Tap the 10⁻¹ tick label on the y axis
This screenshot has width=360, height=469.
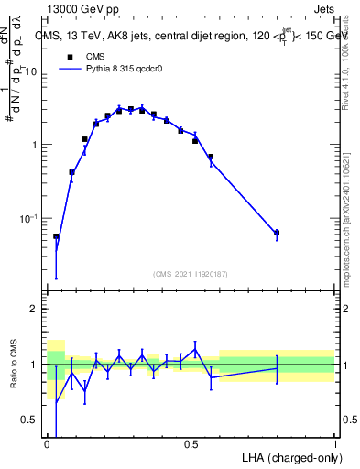[x=30, y=218]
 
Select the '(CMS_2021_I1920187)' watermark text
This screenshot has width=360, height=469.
[x=191, y=273]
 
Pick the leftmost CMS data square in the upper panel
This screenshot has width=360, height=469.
[x=56, y=236]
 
